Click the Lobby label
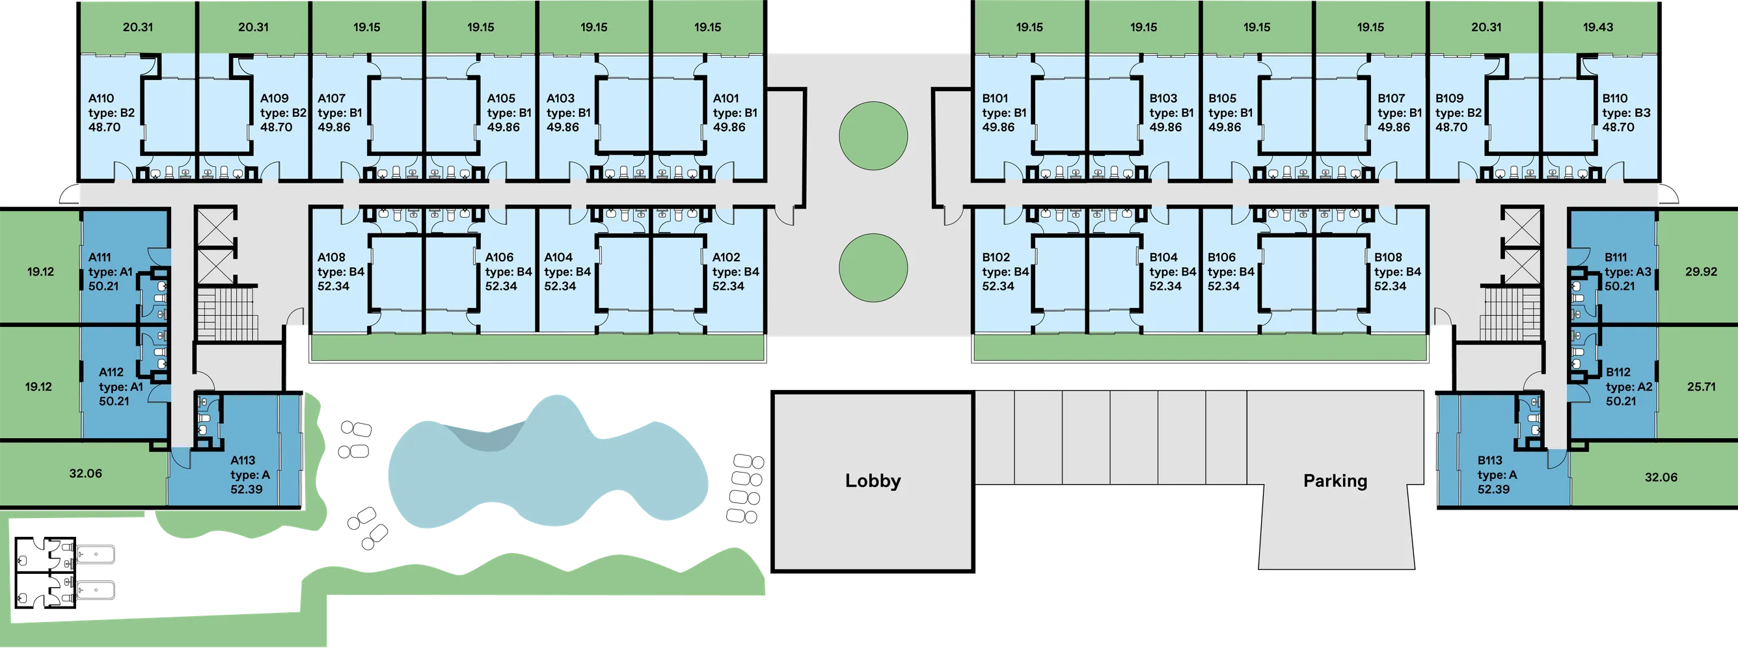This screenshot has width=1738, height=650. (x=873, y=481)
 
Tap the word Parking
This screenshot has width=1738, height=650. (x=1335, y=481)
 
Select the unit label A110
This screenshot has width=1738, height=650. (x=102, y=98)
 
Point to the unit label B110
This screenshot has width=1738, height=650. (x=1614, y=98)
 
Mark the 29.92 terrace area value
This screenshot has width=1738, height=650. (x=1700, y=272)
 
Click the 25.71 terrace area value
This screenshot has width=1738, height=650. (x=1701, y=387)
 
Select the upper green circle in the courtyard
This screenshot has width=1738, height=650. (x=873, y=136)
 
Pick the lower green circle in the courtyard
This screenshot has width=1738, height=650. (x=873, y=268)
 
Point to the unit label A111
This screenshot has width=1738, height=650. (x=100, y=257)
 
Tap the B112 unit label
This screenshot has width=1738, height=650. (x=1618, y=372)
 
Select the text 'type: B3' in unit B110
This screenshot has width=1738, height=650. (x=1626, y=112)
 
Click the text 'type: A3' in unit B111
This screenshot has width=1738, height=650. (x=1627, y=272)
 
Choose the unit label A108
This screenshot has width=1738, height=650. (x=331, y=257)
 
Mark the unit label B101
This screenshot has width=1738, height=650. (x=995, y=98)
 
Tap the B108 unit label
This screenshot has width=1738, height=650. (x=1388, y=257)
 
